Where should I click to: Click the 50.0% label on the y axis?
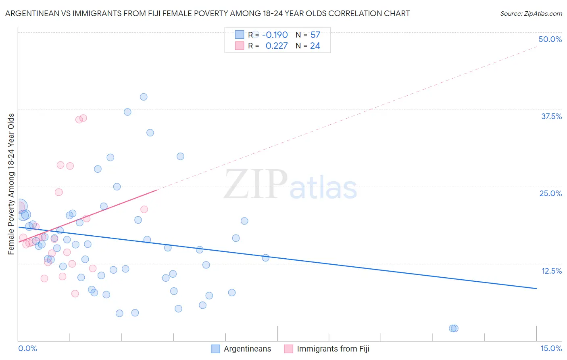coord(550,39)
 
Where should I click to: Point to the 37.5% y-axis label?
coord(551,116)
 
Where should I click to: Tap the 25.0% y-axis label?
coord(550,193)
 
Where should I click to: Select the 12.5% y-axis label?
coord(551,271)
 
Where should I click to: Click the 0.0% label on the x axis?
coord(27,348)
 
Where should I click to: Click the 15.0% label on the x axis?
coord(551,348)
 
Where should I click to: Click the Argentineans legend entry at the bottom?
coord(247,349)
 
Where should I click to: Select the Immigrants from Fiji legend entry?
coord(333,349)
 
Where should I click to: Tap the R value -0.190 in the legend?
coord(275,35)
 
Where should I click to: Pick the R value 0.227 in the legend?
coord(276,46)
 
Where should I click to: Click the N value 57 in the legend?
coord(315,35)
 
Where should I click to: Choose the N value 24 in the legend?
coord(315,46)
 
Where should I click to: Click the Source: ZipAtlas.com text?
coord(531,13)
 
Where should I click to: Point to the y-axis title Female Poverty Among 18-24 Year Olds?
coord(11,184)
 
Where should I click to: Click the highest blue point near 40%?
coord(144,97)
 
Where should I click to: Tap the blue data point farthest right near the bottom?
coord(454,328)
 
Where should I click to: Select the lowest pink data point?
coord(75,293)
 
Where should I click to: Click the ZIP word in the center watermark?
coord(256,184)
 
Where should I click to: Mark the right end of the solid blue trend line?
coord(536,289)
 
